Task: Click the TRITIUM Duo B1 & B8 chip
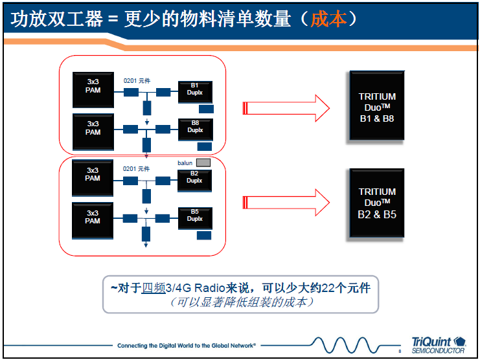pos(377,106)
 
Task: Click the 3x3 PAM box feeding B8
pos(93,128)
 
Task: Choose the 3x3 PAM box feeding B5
pos(93,217)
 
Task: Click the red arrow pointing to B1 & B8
pos(285,107)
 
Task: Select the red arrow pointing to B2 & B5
pos(285,203)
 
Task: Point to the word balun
pos(185,163)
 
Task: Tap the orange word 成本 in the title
pos(329,19)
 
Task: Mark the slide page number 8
pos(400,350)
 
